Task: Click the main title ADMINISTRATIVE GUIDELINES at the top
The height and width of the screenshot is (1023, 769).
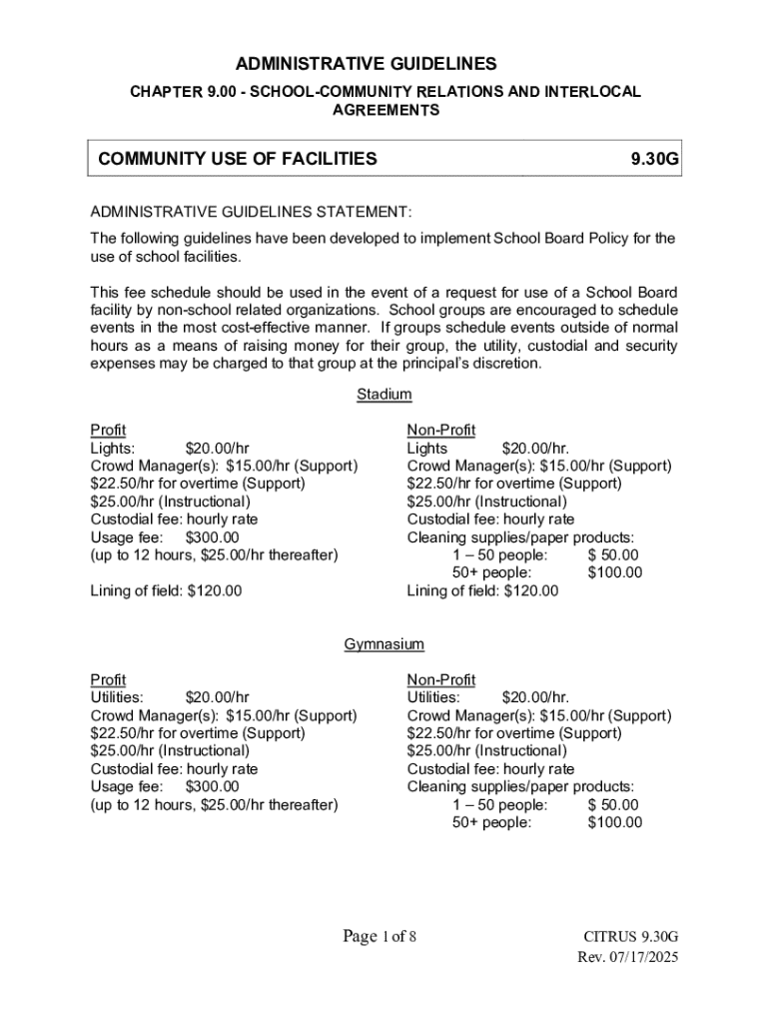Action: click(x=384, y=64)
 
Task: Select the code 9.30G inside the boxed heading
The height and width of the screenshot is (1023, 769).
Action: click(x=655, y=158)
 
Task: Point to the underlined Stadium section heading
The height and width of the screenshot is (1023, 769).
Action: click(x=384, y=395)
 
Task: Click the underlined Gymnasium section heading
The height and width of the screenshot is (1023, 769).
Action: click(x=384, y=644)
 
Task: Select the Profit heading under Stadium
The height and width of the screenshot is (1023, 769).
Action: click(x=109, y=431)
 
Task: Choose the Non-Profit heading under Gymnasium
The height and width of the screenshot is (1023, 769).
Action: click(x=441, y=680)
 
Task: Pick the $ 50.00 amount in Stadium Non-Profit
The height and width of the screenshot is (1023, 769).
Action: click(x=613, y=554)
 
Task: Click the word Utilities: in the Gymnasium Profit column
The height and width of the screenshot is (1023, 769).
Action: click(x=117, y=697)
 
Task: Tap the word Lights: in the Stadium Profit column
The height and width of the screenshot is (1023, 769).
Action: click(x=113, y=449)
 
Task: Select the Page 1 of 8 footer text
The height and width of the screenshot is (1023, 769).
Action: click(x=380, y=936)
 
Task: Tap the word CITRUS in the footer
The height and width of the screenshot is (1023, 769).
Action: click(x=609, y=937)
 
